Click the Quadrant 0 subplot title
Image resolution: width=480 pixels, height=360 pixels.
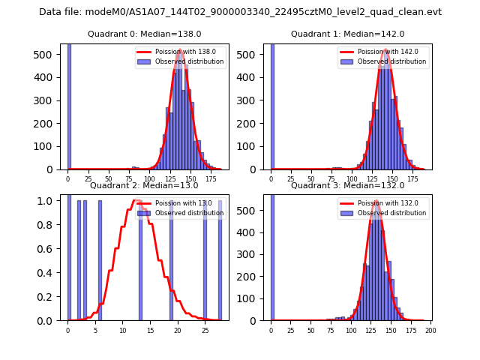pyautogui.click(x=145, y=34)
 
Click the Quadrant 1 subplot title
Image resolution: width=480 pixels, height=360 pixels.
pyautogui.click(x=347, y=34)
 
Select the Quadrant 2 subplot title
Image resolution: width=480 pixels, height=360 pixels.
pyautogui.click(x=144, y=185)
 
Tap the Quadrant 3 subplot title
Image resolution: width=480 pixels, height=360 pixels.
pyautogui.click(x=347, y=185)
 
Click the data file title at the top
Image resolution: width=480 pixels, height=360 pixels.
pyautogui.click(x=240, y=12)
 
